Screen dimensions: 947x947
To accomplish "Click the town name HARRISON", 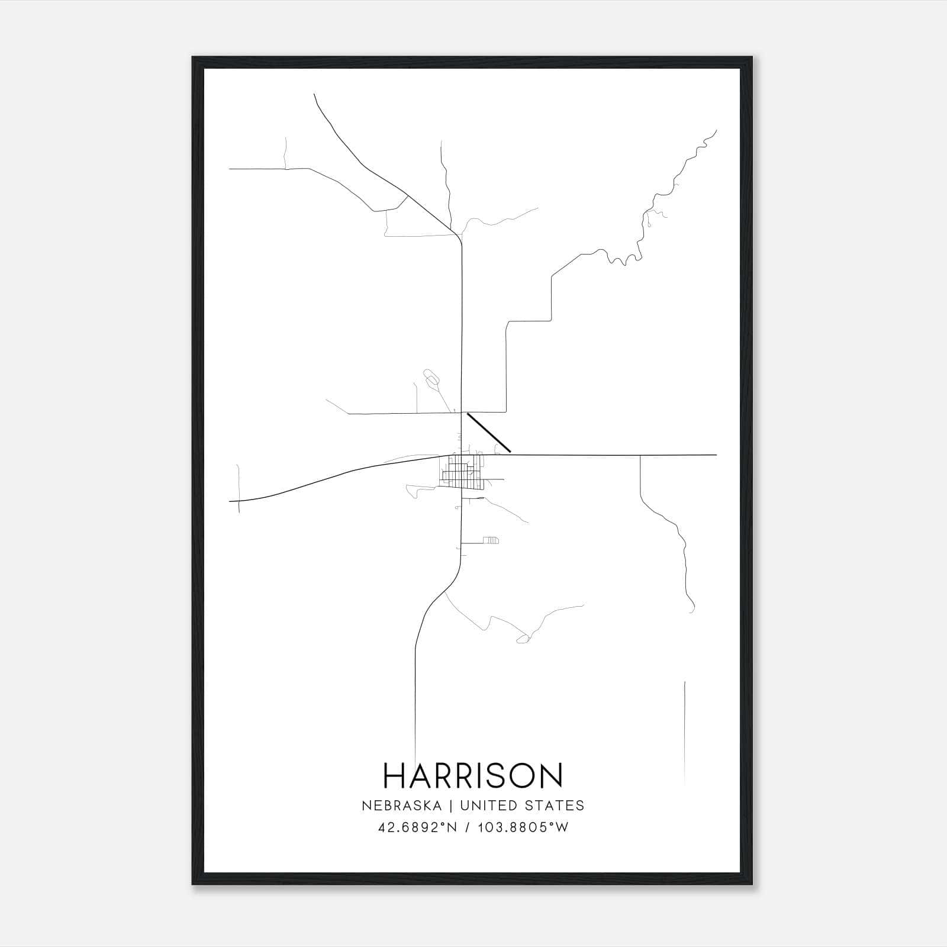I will (x=474, y=775).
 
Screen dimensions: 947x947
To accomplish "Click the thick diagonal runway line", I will (x=489, y=433).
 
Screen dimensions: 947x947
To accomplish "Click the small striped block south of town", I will (x=491, y=540).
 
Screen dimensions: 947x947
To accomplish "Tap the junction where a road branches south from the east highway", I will (x=640, y=455).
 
